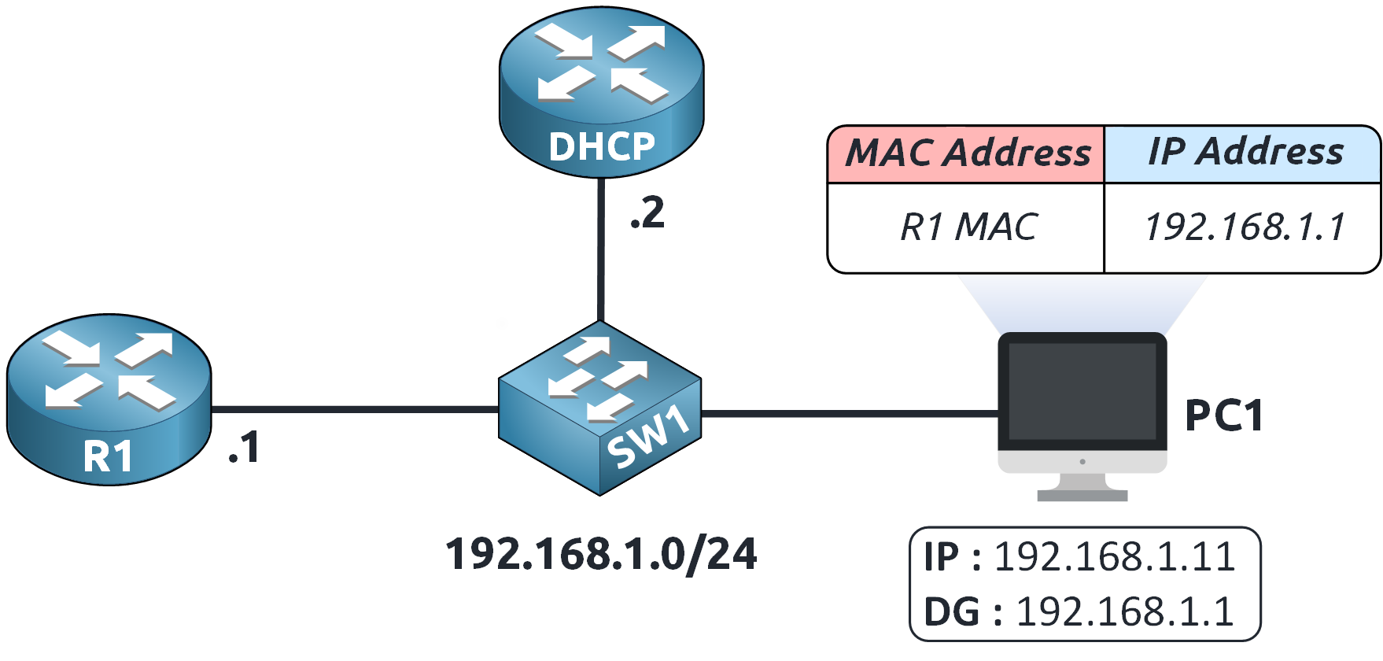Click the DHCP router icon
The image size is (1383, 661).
pyautogui.click(x=601, y=87)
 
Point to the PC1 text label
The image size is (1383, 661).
pyautogui.click(x=1223, y=415)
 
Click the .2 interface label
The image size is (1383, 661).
pyautogui.click(x=647, y=214)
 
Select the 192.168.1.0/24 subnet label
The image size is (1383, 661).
pyautogui.click(x=601, y=554)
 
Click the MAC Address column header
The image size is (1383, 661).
pyautogui.click(x=967, y=153)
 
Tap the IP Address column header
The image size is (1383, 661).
pyautogui.click(x=1245, y=152)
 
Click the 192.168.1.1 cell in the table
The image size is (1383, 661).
pyautogui.click(x=1245, y=227)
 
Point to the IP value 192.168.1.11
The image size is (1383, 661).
pyautogui.click(x=1114, y=557)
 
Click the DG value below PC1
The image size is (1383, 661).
pyautogui.click(x=1124, y=611)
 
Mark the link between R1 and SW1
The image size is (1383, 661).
pyautogui.click(x=354, y=409)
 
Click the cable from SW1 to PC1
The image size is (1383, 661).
pyautogui.click(x=850, y=412)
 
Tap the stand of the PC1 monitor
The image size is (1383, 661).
pyautogui.click(x=1082, y=486)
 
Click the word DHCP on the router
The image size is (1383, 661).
pyautogui.click(x=601, y=146)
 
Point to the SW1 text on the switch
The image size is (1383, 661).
pyautogui.click(x=648, y=439)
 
